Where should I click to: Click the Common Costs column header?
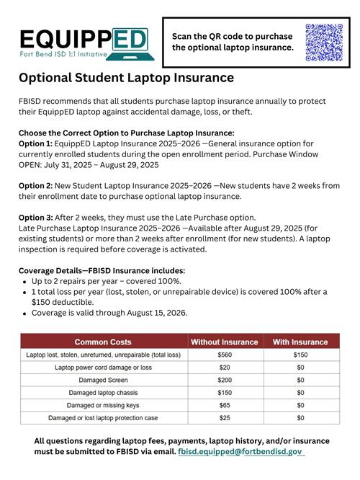coord(103,342)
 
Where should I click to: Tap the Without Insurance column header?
coord(224,342)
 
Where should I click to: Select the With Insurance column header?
coord(300,342)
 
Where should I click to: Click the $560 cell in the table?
coord(224,355)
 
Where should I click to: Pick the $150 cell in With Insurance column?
coord(300,355)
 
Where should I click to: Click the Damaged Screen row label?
coord(103,380)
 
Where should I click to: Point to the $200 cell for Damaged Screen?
coord(224,380)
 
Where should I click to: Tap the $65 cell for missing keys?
coord(224,405)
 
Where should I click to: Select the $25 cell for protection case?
coord(224,417)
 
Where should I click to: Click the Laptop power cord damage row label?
coord(103,367)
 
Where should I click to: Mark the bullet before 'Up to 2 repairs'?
coord(25,281)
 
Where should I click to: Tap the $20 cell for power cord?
coord(224,367)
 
